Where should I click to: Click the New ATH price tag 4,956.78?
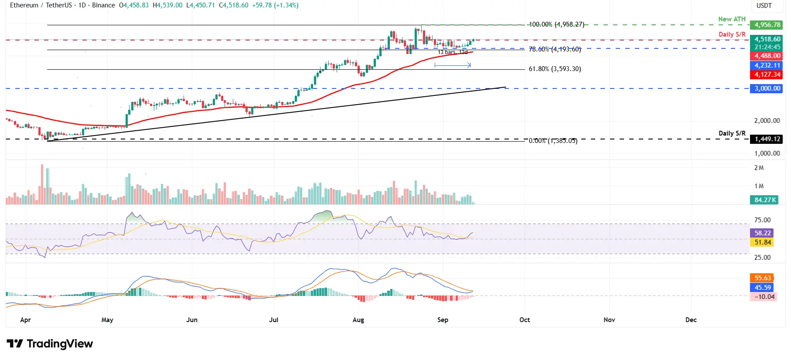click(x=767, y=25)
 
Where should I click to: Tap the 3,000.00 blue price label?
click(x=767, y=88)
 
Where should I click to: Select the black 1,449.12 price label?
click(x=767, y=139)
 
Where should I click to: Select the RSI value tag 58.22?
click(x=763, y=233)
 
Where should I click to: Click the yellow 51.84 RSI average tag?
click(x=763, y=242)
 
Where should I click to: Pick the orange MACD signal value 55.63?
click(x=763, y=278)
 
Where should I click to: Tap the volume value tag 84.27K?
click(x=765, y=200)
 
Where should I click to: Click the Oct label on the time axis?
click(x=525, y=320)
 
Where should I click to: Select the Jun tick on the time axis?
click(x=192, y=320)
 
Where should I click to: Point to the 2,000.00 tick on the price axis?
click(x=767, y=121)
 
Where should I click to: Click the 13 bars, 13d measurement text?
click(x=453, y=52)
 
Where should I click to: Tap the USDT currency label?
click(x=764, y=6)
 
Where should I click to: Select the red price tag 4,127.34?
click(x=767, y=75)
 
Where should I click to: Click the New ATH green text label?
click(x=732, y=19)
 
